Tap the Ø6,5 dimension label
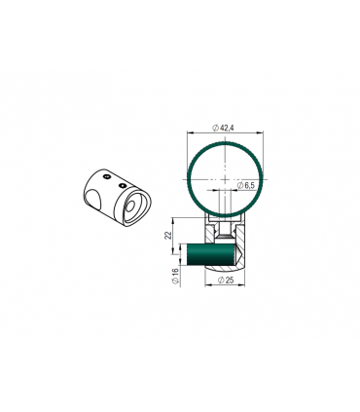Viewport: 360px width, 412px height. [245, 183]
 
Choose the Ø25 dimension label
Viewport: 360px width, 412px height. [225, 281]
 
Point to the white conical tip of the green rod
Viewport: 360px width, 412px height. [237, 257]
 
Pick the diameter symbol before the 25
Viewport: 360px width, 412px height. [217, 281]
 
